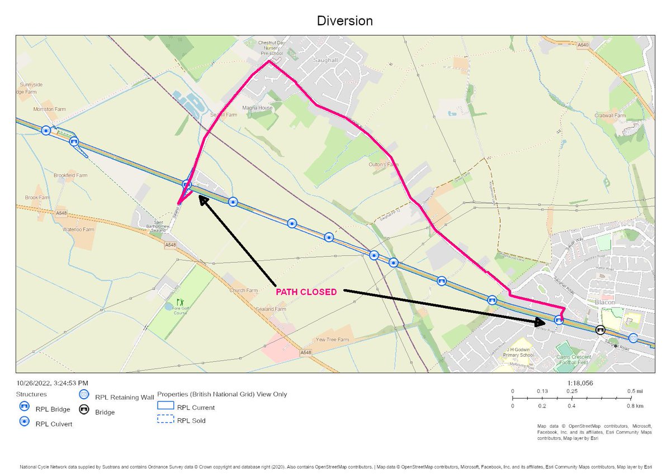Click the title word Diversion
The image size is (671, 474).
[344, 21]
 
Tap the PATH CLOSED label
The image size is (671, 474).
[306, 292]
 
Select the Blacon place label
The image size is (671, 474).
[605, 302]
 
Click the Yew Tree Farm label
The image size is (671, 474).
[332, 339]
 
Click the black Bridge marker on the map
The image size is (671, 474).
[600, 330]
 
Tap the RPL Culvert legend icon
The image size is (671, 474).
[24, 422]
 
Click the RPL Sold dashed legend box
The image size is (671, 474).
[165, 420]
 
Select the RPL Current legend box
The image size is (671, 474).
[165, 408]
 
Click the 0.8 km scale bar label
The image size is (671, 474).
[635, 406]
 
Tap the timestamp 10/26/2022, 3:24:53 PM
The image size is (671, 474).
[52, 384]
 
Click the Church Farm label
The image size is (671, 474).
[243, 290]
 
